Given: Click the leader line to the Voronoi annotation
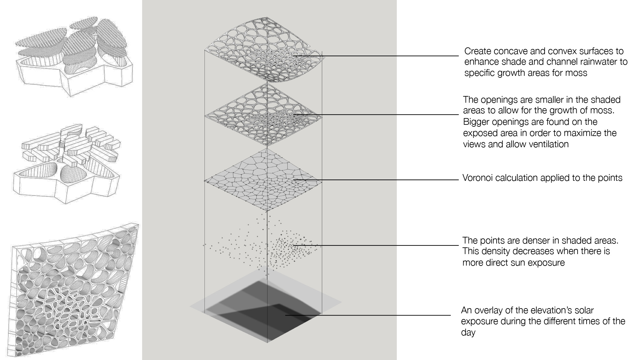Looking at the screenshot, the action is [x=384, y=180].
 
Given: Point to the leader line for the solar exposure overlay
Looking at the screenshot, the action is [x=368, y=315].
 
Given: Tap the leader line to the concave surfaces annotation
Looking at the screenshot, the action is [x=384, y=56].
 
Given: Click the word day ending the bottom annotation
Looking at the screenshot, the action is [x=468, y=332].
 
